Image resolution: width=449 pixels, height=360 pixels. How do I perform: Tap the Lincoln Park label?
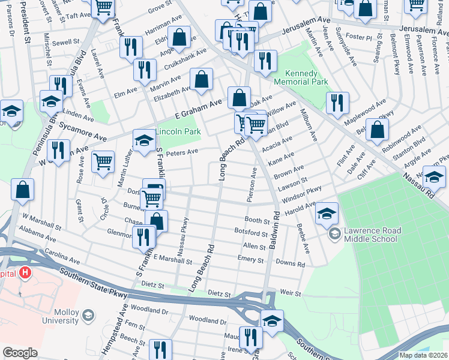(x=178, y=131)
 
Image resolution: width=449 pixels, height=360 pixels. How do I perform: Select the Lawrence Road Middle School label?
(x=370, y=235)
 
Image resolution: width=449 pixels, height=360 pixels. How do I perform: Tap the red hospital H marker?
(x=25, y=273)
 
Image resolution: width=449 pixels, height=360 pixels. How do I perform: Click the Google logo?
(x=20, y=353)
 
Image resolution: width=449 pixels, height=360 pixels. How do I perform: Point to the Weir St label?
(x=289, y=292)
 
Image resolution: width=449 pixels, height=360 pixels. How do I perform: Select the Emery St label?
(x=250, y=260)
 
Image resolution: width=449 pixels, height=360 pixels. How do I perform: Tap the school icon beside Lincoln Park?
(x=144, y=142)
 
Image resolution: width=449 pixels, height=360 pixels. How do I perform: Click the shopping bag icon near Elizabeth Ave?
(x=202, y=79)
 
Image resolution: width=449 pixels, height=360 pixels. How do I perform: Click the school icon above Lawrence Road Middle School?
(x=327, y=214)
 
